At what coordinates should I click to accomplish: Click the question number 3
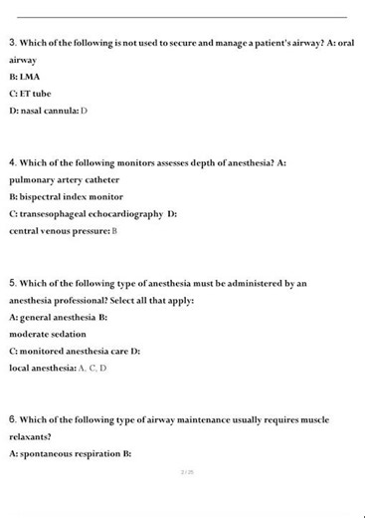12,43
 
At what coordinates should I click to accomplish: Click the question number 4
12,162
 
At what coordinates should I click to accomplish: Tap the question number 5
12,283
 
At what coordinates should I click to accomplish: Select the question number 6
12,419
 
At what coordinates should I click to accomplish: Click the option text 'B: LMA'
25,77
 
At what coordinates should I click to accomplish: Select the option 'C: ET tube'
30,94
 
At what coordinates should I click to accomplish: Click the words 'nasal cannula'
49,110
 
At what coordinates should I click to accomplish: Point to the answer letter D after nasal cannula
85,110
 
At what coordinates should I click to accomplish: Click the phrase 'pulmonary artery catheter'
64,179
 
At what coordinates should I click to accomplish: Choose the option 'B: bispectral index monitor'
66,196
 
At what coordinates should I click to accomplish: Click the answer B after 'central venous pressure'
114,230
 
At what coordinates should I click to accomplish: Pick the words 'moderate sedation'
48,334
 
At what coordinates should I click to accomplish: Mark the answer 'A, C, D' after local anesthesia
92,368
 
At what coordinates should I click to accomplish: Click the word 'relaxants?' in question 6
30,436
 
